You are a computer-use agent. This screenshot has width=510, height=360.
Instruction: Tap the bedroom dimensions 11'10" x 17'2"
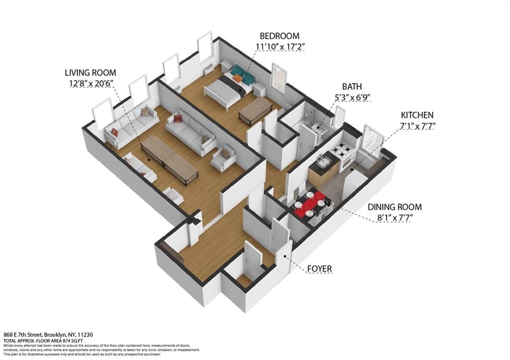point(279,47)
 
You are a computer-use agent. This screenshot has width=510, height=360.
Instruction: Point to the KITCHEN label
point(417,115)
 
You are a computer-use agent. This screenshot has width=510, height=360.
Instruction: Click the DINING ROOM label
point(394,207)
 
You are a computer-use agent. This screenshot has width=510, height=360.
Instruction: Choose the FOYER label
point(319,269)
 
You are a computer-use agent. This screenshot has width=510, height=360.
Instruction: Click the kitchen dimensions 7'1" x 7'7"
point(417,126)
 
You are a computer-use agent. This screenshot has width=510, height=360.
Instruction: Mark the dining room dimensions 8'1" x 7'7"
point(394,218)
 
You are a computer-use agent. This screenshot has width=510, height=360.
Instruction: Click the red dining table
point(310,204)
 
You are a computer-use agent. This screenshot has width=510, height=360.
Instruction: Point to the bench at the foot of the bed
point(255,110)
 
